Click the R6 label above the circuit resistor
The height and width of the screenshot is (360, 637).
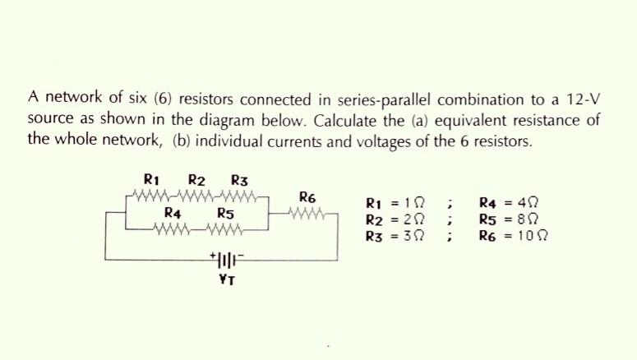pyautogui.click(x=308, y=197)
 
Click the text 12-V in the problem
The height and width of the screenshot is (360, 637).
pyautogui.click(x=584, y=99)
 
